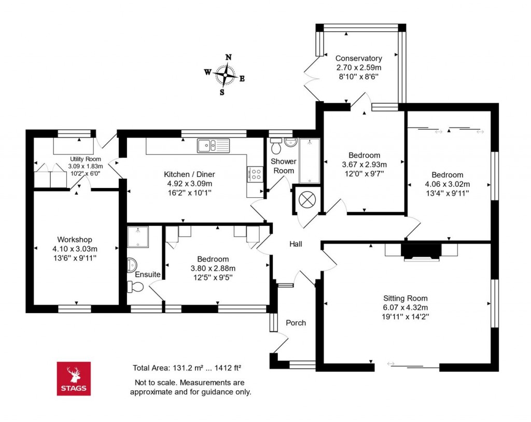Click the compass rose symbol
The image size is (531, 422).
pos(226,76)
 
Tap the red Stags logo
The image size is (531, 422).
pos(73,378)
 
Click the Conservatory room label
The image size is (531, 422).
pos(358,59)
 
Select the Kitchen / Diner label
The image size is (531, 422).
pos(189,174)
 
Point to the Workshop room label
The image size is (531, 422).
pos(75,239)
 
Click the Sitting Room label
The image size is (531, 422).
pos(406,298)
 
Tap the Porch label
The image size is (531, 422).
pos(296,323)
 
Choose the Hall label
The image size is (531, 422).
pos(296,244)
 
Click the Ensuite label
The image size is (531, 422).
pos(148,274)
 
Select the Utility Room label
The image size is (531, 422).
pos(86,159)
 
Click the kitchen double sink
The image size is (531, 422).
pos(213,145)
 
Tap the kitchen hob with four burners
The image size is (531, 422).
pos(255,174)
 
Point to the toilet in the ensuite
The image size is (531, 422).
pos(136,286)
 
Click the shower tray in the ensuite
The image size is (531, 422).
pos(138,235)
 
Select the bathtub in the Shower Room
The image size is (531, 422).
pos(310,160)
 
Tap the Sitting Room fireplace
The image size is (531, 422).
pos(421,251)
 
